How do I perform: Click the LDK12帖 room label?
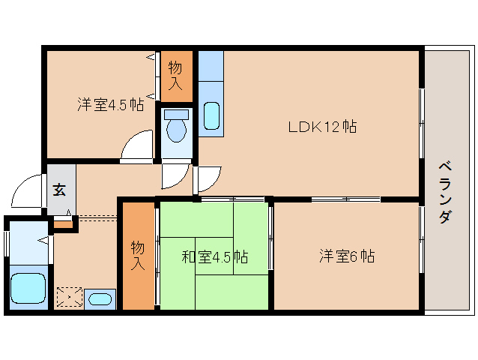[x=322, y=127]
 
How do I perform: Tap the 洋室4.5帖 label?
[x=110, y=104]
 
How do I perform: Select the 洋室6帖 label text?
[x=346, y=256]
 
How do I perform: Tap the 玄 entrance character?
[x=59, y=190]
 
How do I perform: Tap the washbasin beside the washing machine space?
[x=100, y=299]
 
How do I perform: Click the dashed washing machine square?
[x=70, y=298]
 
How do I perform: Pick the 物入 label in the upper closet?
[x=175, y=76]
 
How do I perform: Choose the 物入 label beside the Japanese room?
[x=138, y=255]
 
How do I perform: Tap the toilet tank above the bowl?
[x=177, y=115]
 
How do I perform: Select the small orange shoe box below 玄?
[x=64, y=222]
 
